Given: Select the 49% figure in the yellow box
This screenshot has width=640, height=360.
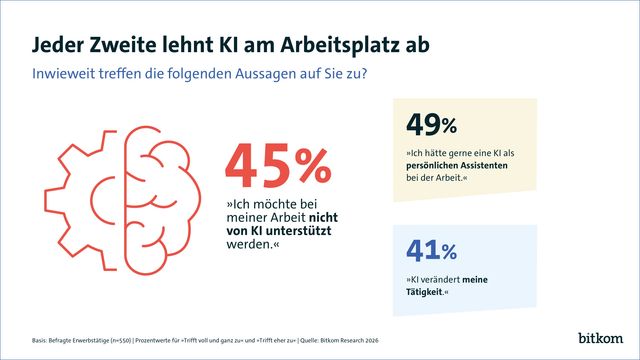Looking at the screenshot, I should (x=431, y=125).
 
